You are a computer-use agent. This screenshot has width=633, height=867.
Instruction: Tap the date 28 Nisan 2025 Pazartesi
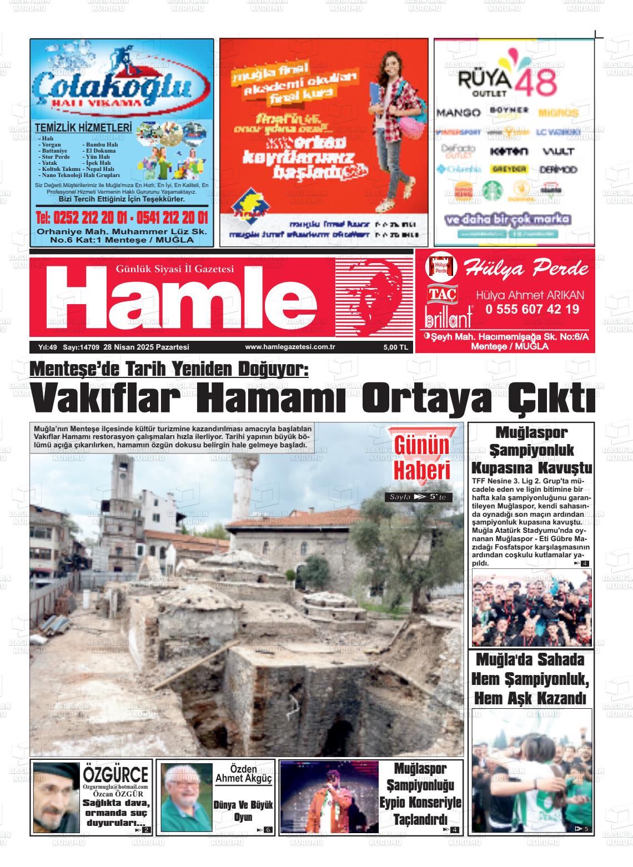150,347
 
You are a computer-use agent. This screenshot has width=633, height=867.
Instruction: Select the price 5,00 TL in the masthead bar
395,347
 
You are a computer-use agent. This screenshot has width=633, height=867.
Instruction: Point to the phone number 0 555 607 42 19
532,309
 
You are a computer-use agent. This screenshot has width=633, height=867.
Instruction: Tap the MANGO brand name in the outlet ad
458,113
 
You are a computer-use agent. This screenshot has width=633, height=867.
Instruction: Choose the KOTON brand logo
509,151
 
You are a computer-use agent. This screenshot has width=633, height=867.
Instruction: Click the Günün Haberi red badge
421,456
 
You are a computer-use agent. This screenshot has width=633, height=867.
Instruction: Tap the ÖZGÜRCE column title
116,773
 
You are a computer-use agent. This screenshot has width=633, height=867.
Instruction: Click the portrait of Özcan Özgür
56,797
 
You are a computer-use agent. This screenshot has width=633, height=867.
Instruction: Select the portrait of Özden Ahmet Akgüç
186,797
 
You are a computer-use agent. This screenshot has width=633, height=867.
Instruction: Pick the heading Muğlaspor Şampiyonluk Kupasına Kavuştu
531,450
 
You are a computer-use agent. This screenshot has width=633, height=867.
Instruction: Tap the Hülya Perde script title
526,269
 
